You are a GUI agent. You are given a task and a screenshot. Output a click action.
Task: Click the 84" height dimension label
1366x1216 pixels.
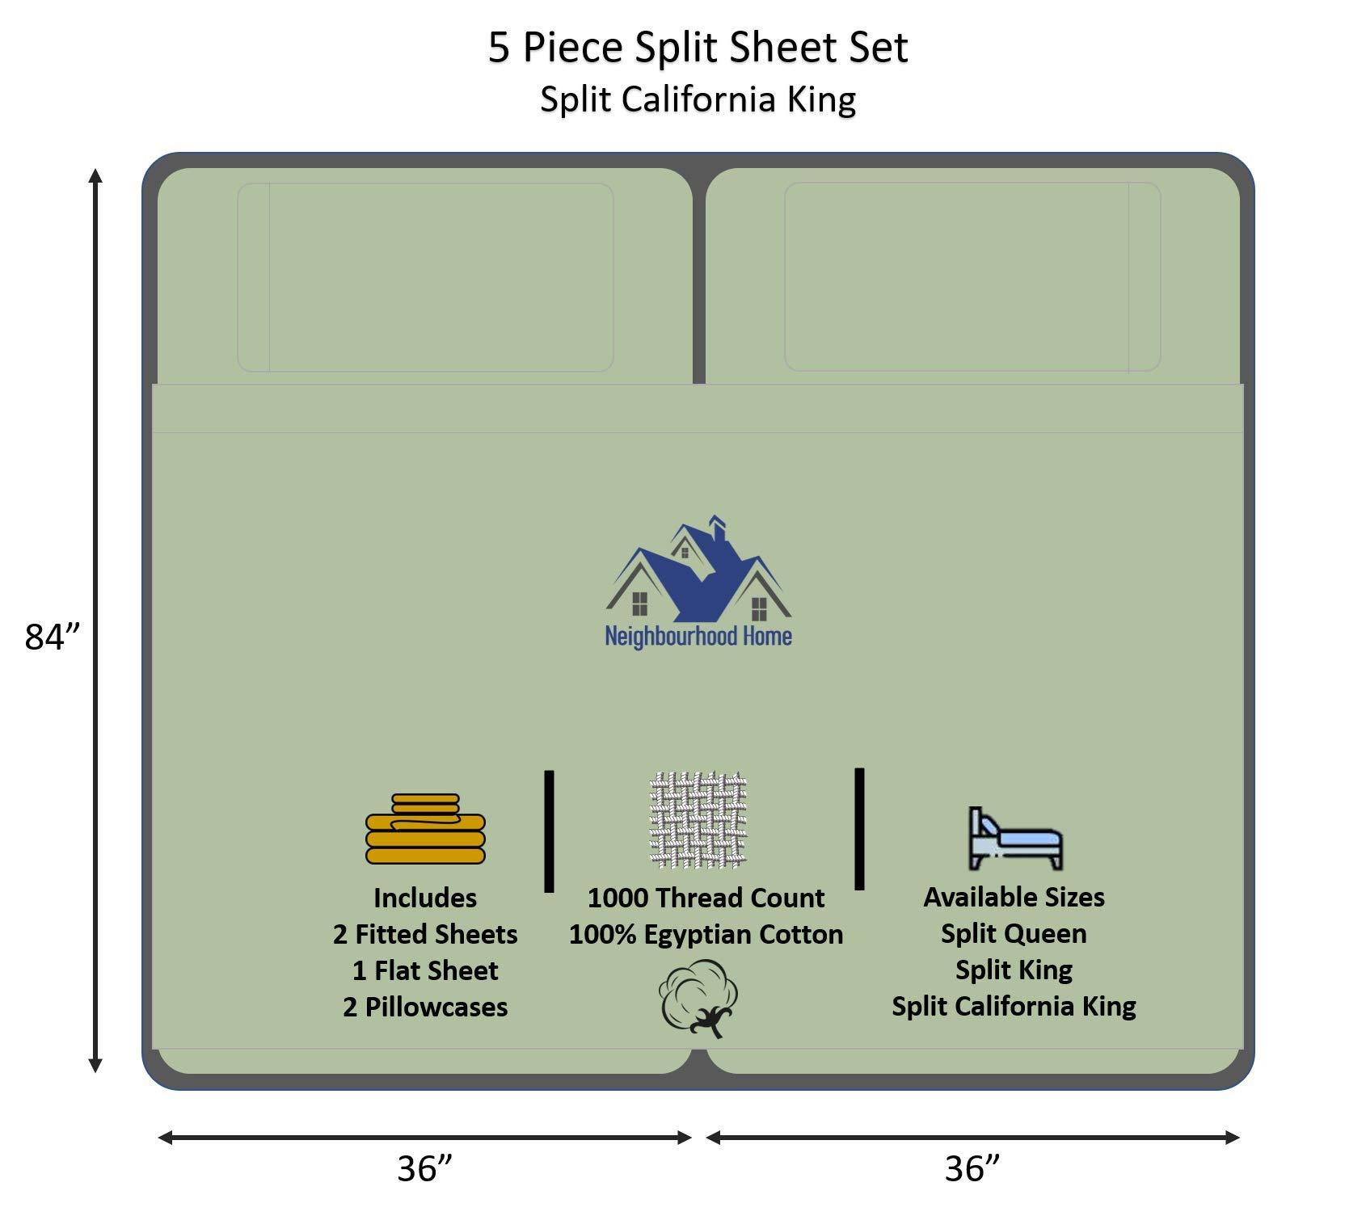point(53,637)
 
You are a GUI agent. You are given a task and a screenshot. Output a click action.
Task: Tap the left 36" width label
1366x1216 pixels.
point(424,1168)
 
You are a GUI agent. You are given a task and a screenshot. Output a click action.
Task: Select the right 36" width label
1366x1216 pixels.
point(972,1168)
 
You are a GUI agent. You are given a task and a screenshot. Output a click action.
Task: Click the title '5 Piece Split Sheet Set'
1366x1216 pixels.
point(698,48)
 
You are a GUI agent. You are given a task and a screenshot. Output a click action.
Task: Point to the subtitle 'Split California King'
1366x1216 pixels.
point(698,100)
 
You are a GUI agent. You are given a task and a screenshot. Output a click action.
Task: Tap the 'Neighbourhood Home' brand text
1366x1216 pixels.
point(698,637)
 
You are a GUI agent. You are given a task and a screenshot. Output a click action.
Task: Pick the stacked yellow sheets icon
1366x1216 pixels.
point(425,829)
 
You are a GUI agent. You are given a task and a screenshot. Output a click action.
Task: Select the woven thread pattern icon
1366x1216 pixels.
point(698,819)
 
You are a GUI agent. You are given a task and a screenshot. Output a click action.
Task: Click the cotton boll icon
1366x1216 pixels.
point(698,997)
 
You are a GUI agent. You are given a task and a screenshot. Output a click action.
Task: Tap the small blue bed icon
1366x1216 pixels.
point(1015,838)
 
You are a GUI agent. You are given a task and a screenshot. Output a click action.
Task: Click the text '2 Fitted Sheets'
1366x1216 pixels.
point(425,934)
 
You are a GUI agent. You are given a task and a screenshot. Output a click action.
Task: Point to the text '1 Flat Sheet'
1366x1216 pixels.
point(425,970)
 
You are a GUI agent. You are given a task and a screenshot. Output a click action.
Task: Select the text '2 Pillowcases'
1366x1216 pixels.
point(425,1007)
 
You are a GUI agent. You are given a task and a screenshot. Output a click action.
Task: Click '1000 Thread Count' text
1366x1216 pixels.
point(706,898)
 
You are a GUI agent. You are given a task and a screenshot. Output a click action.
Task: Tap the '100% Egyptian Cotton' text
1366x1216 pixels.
point(706,934)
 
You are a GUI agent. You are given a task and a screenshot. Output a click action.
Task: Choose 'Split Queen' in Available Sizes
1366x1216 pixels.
point(1014,933)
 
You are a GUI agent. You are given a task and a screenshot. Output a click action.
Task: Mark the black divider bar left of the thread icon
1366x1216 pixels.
point(550,831)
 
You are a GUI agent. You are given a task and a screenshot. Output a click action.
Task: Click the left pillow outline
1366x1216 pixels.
point(425,277)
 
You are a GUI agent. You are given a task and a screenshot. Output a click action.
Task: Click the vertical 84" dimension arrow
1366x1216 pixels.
point(95,621)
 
